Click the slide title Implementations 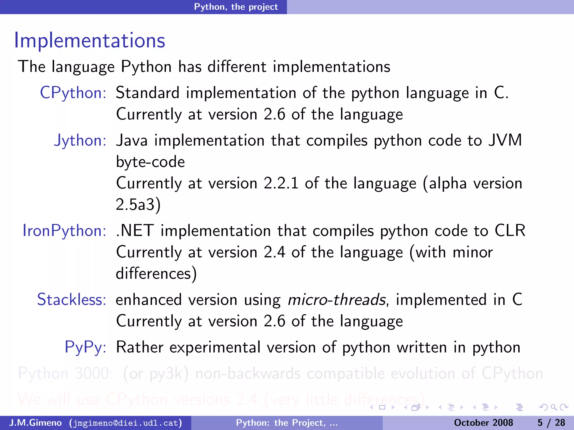90,41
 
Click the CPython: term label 73,93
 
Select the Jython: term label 80,140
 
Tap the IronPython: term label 64,231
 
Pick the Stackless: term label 71,300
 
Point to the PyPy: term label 85,347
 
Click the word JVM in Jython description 505,140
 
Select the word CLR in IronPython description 510,231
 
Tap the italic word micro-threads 337,300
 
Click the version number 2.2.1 281,183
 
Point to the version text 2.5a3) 138,205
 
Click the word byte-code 151,162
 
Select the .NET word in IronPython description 135,231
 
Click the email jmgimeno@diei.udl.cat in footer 126,423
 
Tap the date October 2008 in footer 483,423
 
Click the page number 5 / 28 551,423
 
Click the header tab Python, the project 236,7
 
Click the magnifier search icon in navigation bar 553,407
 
